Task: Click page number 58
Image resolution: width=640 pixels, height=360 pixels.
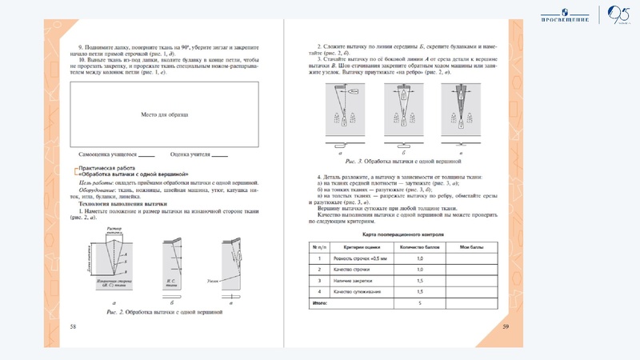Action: (x=73, y=326)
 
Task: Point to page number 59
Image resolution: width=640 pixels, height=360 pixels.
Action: (x=506, y=326)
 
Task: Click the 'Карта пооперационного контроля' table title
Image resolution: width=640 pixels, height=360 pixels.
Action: (x=409, y=234)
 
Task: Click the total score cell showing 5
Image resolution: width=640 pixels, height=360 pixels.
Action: (x=419, y=304)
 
